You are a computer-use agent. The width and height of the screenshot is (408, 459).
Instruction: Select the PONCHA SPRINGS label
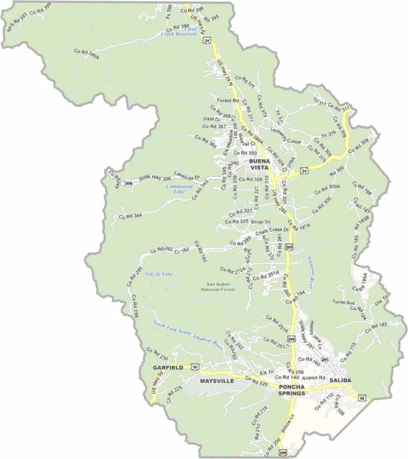pos(298,389)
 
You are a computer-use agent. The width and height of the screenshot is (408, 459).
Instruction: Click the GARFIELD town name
pos(167,369)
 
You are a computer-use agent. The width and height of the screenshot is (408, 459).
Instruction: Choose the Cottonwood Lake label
pos(167,188)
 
